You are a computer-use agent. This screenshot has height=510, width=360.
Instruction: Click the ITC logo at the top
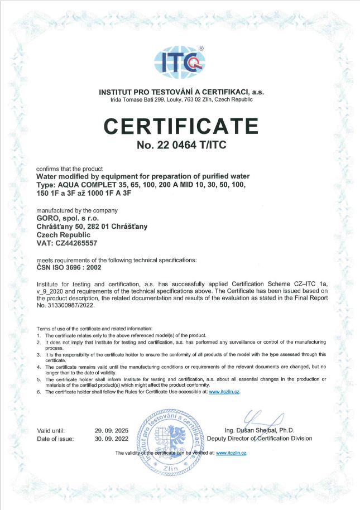click(180, 61)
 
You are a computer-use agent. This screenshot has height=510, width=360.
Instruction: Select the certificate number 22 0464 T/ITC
click(180, 146)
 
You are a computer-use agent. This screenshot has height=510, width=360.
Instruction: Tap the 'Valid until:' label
click(51, 430)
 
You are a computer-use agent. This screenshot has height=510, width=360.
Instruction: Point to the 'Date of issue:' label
click(55, 439)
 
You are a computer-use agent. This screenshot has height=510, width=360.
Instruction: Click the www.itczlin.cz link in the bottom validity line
click(231, 453)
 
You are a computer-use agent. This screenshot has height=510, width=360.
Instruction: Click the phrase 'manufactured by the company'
click(69, 210)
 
